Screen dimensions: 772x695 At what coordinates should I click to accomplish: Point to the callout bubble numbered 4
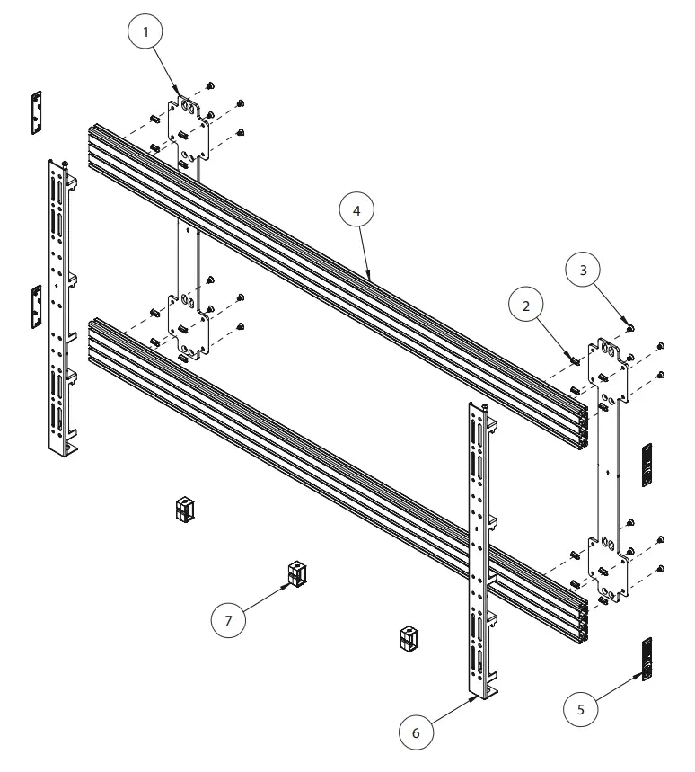pyautogui.click(x=356, y=213)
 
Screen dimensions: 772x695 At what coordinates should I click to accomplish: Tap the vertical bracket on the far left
pyautogui.click(x=59, y=306)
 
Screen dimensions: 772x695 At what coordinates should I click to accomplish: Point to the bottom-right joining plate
pyautogui.click(x=610, y=567)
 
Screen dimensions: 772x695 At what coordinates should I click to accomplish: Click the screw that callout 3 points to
pyautogui.click(x=631, y=329)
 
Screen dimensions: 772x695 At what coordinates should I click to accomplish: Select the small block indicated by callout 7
pyautogui.click(x=295, y=573)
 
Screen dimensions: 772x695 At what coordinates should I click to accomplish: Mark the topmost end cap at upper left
pyautogui.click(x=36, y=112)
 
